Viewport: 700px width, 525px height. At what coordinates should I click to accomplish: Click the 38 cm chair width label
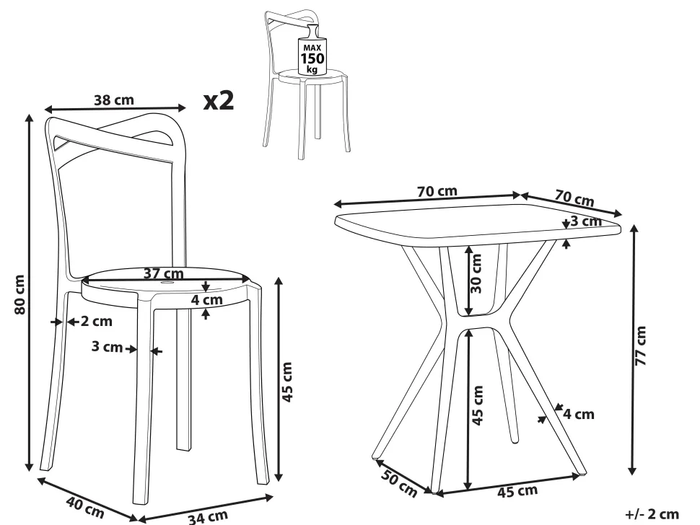click(x=114, y=100)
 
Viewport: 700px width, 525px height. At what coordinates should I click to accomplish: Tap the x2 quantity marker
click(x=219, y=101)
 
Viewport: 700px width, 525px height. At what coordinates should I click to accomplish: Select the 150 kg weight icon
click(x=312, y=50)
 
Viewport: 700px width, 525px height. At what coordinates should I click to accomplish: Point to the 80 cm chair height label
click(x=19, y=294)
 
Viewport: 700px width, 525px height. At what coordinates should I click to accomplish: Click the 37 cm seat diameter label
click(x=163, y=273)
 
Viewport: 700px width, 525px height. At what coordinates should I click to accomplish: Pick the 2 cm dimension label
click(x=97, y=321)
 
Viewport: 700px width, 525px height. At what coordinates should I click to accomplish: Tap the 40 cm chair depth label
click(x=85, y=507)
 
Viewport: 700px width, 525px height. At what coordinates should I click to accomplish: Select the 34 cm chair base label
click(x=208, y=517)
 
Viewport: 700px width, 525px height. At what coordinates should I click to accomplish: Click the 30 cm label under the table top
click(x=476, y=273)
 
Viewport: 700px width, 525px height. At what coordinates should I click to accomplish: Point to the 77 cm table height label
click(x=641, y=345)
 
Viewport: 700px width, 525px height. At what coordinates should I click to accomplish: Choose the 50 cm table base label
click(x=399, y=483)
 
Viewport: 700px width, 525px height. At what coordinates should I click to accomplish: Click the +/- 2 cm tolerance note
click(x=652, y=514)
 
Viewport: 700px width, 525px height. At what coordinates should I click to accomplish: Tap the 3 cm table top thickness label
click(x=586, y=221)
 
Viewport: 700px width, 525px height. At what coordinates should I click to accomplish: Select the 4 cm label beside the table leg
click(x=579, y=415)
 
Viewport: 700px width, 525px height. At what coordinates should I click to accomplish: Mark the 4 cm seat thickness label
click(x=206, y=300)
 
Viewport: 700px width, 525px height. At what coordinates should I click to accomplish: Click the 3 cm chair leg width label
click(x=107, y=346)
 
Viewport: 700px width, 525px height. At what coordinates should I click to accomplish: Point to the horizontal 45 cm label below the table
click(x=517, y=492)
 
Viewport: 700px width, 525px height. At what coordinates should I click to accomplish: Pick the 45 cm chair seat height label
click(x=288, y=381)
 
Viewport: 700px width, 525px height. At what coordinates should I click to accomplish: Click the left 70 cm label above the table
click(x=437, y=191)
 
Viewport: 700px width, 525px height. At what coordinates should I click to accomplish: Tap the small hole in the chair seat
click(x=167, y=283)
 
